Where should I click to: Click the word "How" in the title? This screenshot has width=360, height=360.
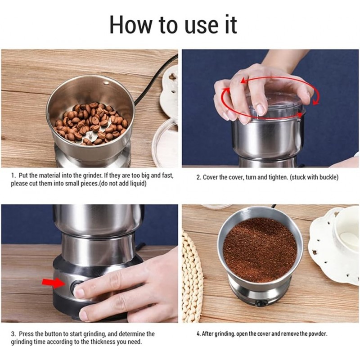(x=131, y=25)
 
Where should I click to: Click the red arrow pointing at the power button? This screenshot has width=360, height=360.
(x=54, y=283)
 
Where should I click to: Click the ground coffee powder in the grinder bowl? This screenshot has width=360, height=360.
(x=260, y=250)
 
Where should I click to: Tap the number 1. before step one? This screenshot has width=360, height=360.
(x=14, y=175)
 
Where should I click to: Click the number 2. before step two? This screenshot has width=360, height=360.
(x=199, y=177)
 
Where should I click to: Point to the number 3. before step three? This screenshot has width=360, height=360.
(x=13, y=334)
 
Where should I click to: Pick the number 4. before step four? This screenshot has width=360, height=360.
(x=198, y=334)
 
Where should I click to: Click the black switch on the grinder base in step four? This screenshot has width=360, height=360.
(x=261, y=303)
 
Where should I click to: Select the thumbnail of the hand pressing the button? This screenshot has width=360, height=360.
(x=90, y=264)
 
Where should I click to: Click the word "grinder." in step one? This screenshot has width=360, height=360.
(x=93, y=176)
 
